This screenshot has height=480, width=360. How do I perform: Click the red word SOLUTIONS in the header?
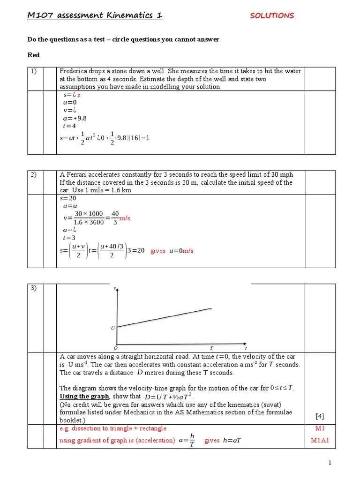[272, 15]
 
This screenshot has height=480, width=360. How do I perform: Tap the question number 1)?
[34, 71]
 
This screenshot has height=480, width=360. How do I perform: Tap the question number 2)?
[34, 175]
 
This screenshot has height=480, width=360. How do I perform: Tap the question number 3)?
[34, 288]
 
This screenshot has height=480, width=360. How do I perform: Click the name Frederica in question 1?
[75, 71]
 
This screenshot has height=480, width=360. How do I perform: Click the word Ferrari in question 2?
[75, 175]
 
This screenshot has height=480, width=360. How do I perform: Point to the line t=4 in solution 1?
[69, 126]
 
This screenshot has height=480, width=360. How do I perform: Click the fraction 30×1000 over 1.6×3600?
[89, 218]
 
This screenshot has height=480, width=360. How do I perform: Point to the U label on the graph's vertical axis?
[112, 328]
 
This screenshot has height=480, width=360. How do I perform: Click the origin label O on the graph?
[115, 348]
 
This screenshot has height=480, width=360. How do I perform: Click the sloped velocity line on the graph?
[164, 317]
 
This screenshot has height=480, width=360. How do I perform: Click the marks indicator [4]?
[320, 416]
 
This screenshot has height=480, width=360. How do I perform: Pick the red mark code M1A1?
[320, 441]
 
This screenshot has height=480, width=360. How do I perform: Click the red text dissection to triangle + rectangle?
[112, 428]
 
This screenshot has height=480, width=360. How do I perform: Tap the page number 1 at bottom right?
[330, 463]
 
